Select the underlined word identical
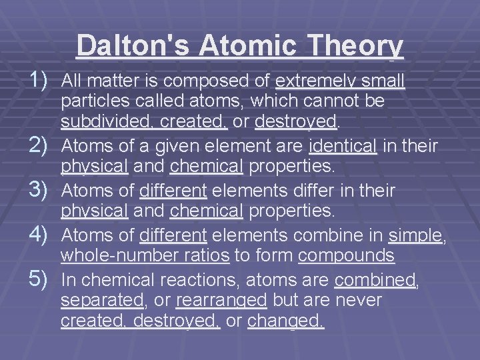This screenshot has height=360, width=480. pos(343,146)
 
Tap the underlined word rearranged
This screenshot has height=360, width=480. pos(221,301)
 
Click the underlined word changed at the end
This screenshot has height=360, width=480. pos(285,321)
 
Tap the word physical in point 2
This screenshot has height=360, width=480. pos(94,165)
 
